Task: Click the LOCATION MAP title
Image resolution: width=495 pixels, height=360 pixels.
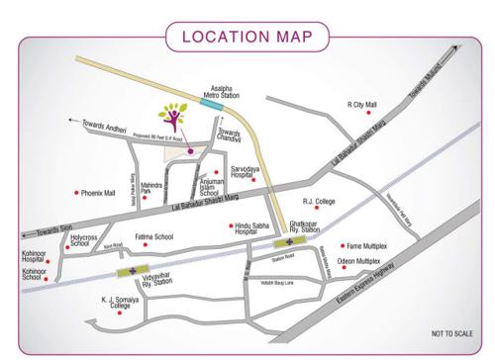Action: [x=247, y=37]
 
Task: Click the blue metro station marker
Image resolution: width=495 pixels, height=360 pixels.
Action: [x=212, y=102]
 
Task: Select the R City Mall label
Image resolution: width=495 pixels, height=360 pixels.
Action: [x=362, y=104]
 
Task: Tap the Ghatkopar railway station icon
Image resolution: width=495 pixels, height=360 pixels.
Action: [x=289, y=240]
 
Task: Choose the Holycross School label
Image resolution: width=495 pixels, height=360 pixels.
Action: [x=83, y=240]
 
